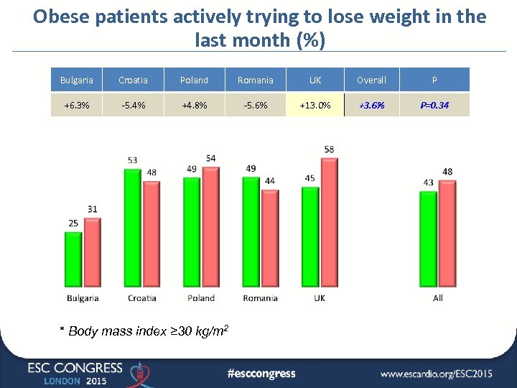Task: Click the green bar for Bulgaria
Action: pos(73,259)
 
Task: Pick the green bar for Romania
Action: pos(251,231)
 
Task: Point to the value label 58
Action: pos(329,149)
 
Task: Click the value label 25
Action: pos(73,223)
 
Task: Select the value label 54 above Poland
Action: pos(210,158)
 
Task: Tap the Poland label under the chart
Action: pos(201,298)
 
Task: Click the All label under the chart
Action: pos(438,298)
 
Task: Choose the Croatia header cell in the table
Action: pos(134,80)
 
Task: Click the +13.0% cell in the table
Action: pos(315,105)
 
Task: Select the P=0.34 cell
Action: pos(434,105)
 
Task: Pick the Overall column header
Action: pos(371,80)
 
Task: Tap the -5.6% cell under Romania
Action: pos(255,105)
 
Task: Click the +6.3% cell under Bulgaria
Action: pos(76,105)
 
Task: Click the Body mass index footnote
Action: pos(144,331)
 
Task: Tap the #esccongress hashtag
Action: pos(261,373)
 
